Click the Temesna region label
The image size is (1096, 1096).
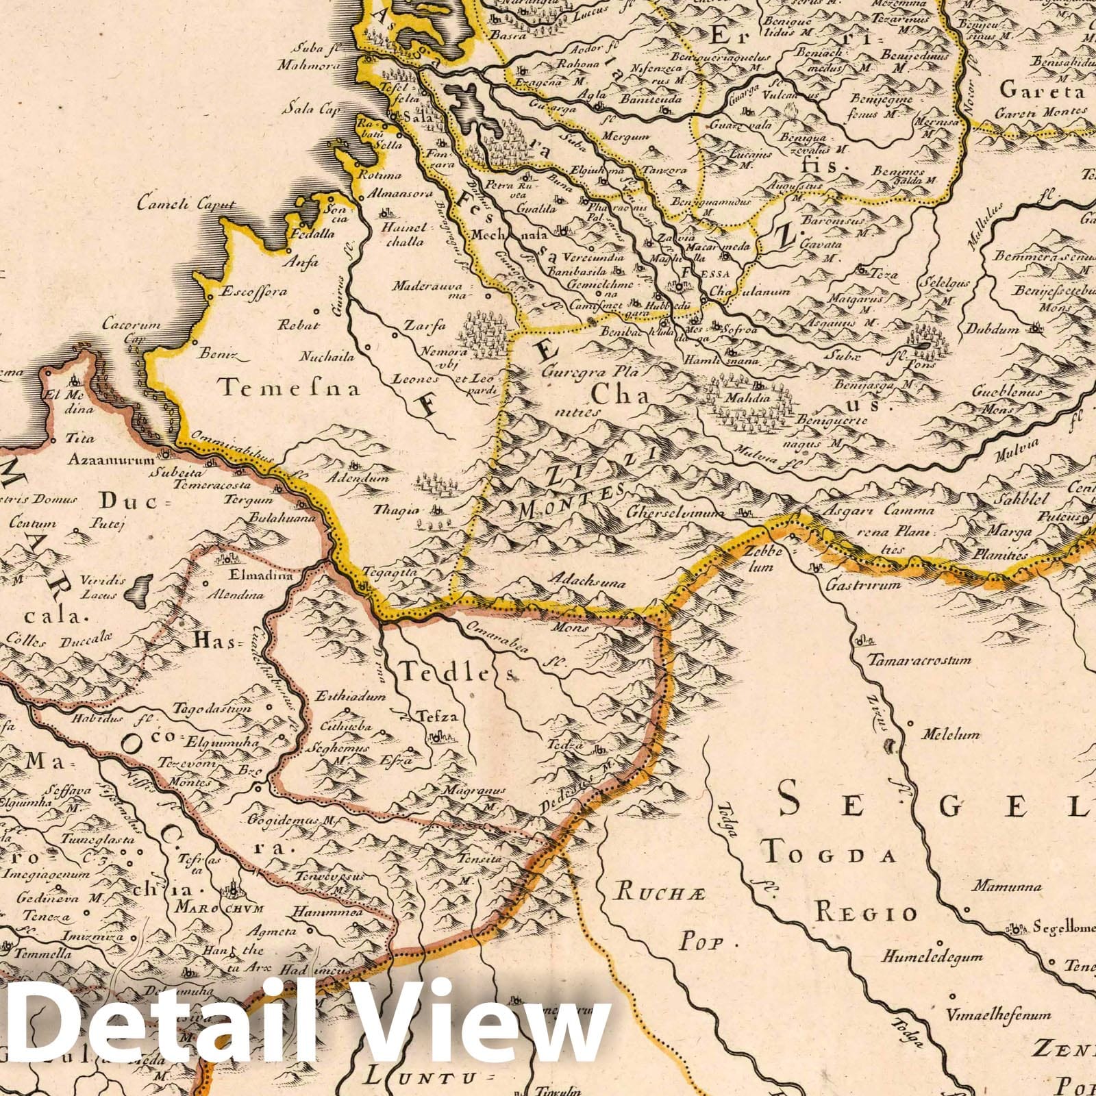[x=290, y=389]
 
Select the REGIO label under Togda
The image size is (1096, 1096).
[x=866, y=912]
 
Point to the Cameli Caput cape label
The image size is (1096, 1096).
[x=186, y=203]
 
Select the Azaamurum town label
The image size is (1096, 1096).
[x=110, y=460]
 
